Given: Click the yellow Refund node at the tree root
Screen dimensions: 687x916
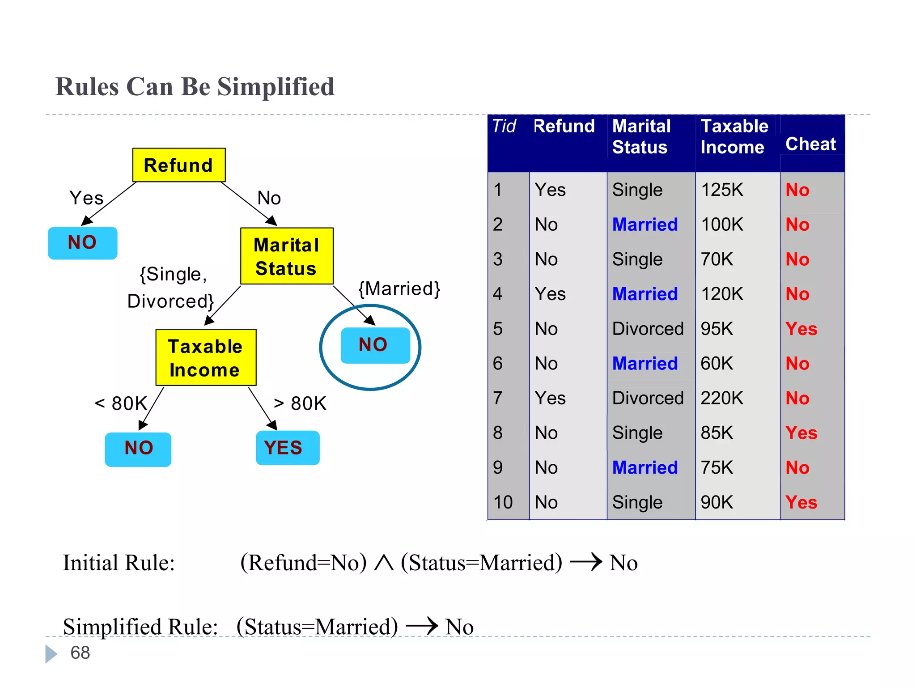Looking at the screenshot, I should point(178,165).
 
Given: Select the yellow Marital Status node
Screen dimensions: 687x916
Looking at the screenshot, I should point(286,256).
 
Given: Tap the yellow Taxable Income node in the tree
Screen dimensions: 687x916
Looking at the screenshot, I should point(206,358).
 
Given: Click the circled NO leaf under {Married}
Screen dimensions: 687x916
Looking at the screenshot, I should point(375,345).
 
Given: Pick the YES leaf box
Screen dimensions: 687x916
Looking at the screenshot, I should point(287,448).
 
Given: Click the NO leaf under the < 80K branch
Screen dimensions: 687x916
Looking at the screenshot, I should point(138,449).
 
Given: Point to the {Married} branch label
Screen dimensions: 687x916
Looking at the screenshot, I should point(399,289).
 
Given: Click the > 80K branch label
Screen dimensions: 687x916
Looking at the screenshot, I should point(300,403).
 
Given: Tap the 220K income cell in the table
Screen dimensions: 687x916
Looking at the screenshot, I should point(721,398).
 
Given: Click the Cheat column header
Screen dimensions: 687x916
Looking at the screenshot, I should point(810,144).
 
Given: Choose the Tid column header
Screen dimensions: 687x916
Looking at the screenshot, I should point(504,126).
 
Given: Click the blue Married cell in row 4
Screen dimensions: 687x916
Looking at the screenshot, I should point(645,294).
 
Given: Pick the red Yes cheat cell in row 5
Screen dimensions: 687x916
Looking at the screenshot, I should point(801,329).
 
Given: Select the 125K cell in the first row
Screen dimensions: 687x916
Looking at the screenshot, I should point(721,190).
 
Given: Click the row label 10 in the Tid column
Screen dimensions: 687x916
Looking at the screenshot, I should point(503,502).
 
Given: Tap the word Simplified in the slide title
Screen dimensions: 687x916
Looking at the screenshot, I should point(276,87).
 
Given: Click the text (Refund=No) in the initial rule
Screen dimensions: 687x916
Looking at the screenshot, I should point(303,563).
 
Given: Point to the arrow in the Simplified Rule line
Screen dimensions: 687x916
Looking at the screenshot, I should point(421,626).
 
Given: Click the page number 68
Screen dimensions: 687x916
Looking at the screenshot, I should point(80,653).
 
